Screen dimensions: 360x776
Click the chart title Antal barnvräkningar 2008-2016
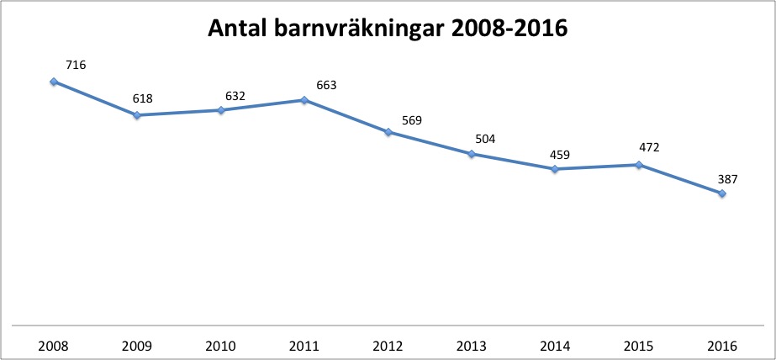[x=388, y=29]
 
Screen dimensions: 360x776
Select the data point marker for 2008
[x=53, y=82]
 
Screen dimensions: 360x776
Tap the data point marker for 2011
[x=304, y=100]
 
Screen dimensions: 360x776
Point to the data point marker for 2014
[x=555, y=169]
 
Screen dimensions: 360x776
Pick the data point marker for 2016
[x=722, y=194]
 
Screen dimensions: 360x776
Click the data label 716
[x=76, y=65]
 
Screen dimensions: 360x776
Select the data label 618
[x=142, y=98]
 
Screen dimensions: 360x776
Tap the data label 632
[x=235, y=96]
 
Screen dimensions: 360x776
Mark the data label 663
[x=326, y=84]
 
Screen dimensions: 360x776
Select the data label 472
[x=648, y=148]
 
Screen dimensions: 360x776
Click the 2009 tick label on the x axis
[x=137, y=346]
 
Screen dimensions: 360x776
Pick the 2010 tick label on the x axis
[x=220, y=346]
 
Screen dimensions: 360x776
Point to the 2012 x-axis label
[x=388, y=346]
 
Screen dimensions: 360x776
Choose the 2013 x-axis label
[x=472, y=346]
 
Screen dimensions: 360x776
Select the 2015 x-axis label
[x=639, y=346]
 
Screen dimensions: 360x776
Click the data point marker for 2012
[x=388, y=132]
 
